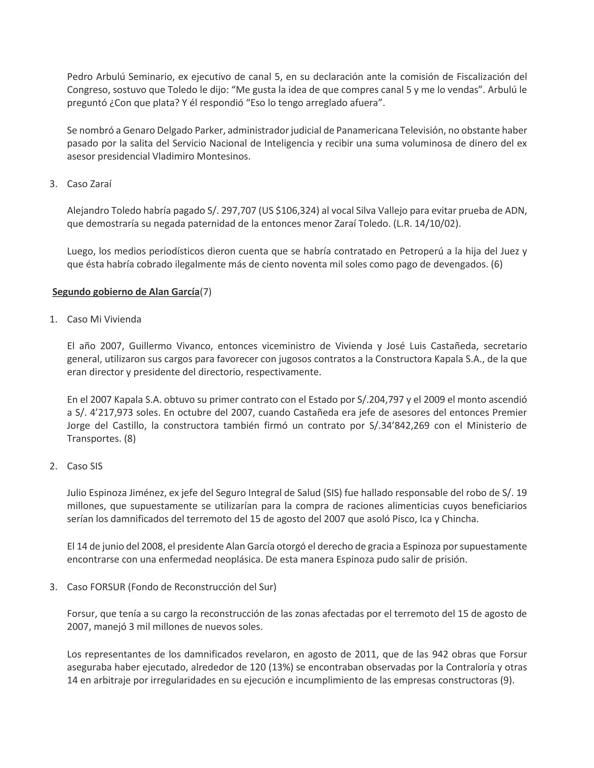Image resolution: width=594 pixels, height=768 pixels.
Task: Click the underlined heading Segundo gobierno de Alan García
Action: coord(126,292)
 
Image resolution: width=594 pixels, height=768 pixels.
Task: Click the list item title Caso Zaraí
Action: coord(89,184)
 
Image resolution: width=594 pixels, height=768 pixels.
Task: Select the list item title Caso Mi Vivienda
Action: coord(104,319)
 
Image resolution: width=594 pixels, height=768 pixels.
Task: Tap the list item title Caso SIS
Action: coord(84,466)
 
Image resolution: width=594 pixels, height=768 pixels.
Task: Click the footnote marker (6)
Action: coord(497,264)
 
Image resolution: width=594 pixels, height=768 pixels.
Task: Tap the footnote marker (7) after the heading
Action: coord(206,292)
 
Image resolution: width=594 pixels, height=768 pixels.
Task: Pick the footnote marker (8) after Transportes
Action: coord(130,438)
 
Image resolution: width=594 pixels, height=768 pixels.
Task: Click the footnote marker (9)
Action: coord(507,680)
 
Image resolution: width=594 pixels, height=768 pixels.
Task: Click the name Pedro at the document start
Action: coord(80,77)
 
